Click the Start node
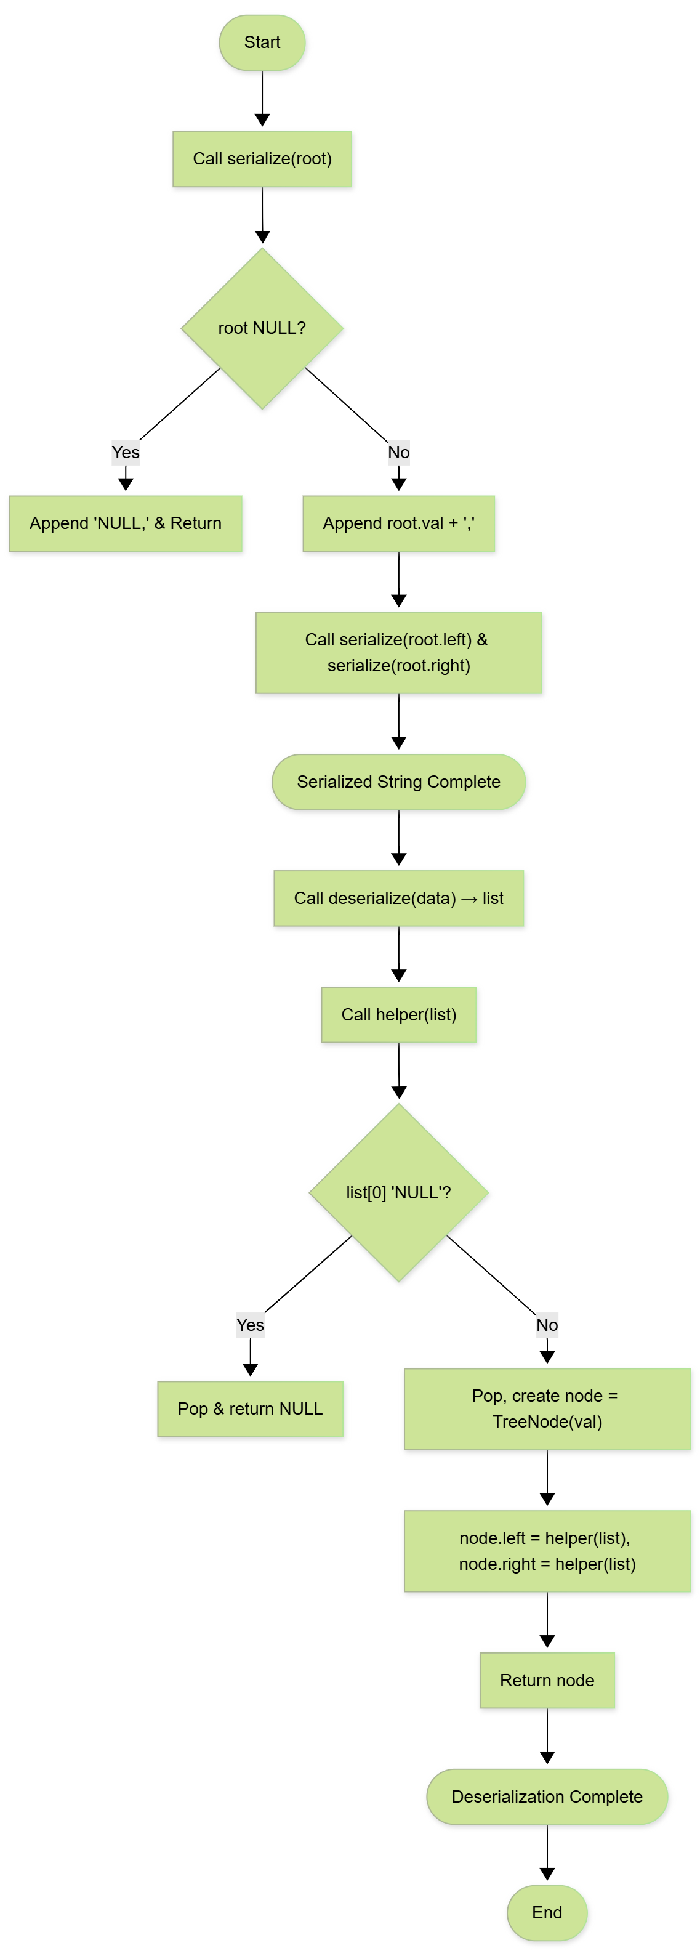[x=262, y=42]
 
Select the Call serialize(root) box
[x=262, y=159]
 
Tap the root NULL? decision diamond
[x=262, y=328]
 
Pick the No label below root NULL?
[x=398, y=453]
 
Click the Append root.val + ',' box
[x=398, y=523]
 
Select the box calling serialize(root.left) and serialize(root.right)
[x=398, y=652]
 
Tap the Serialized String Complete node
[x=398, y=782]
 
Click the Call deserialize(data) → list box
[x=398, y=899]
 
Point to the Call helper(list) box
[x=398, y=1014]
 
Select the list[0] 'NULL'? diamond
[x=398, y=1192]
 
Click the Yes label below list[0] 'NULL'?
[x=250, y=1325]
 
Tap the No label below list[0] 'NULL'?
[x=547, y=1325]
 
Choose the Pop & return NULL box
[x=250, y=1408]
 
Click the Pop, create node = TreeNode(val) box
[x=547, y=1408]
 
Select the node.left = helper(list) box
[x=547, y=1551]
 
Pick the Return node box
[x=547, y=1680]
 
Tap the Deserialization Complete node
[x=547, y=1796]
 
